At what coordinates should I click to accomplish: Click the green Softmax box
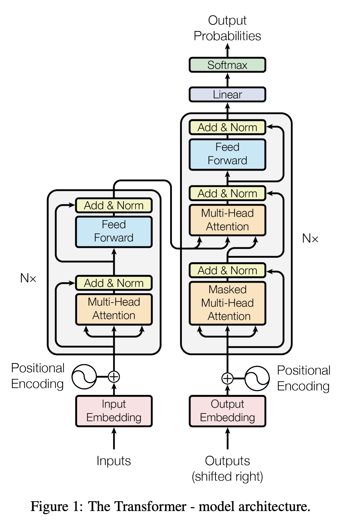point(227,65)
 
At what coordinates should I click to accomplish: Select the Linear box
point(227,95)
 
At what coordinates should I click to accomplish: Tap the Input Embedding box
point(114,411)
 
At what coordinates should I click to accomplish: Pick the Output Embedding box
point(227,411)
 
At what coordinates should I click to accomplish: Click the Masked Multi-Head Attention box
point(227,303)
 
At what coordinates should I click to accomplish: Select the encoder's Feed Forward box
point(114,232)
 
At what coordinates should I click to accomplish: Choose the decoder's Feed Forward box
point(227,154)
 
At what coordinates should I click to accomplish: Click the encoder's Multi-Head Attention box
point(114,309)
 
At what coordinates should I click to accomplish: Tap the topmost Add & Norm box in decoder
point(227,127)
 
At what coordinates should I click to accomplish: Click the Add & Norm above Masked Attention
point(227,271)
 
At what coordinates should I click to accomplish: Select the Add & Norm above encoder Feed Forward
point(114,206)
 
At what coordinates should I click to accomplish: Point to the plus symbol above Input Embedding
point(114,377)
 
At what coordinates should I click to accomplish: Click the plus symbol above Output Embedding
point(227,378)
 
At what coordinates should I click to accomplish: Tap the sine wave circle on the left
point(84,377)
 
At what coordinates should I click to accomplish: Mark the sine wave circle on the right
point(257,378)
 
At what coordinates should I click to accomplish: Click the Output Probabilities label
point(227,28)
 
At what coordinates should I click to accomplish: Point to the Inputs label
point(114,461)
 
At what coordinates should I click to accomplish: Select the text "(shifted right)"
point(227,477)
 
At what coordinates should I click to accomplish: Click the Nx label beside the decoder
point(310,239)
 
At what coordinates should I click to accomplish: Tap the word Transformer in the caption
point(137,507)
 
